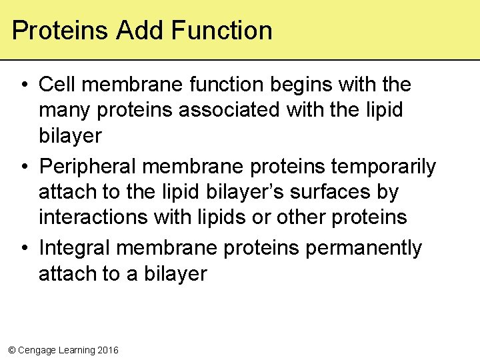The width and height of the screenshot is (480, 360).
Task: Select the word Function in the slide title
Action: tap(221, 31)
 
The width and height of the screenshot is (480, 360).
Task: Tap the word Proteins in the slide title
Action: tap(61, 31)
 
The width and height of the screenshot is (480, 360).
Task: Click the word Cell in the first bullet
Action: tap(58, 85)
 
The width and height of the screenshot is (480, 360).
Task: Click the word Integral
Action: tap(75, 248)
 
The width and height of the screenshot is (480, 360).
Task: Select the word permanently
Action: tap(364, 248)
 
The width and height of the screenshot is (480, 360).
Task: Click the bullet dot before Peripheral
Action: tap(23, 167)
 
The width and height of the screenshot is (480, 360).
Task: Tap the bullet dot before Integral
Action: tap(23, 248)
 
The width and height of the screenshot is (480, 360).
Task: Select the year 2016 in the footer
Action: tap(108, 350)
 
